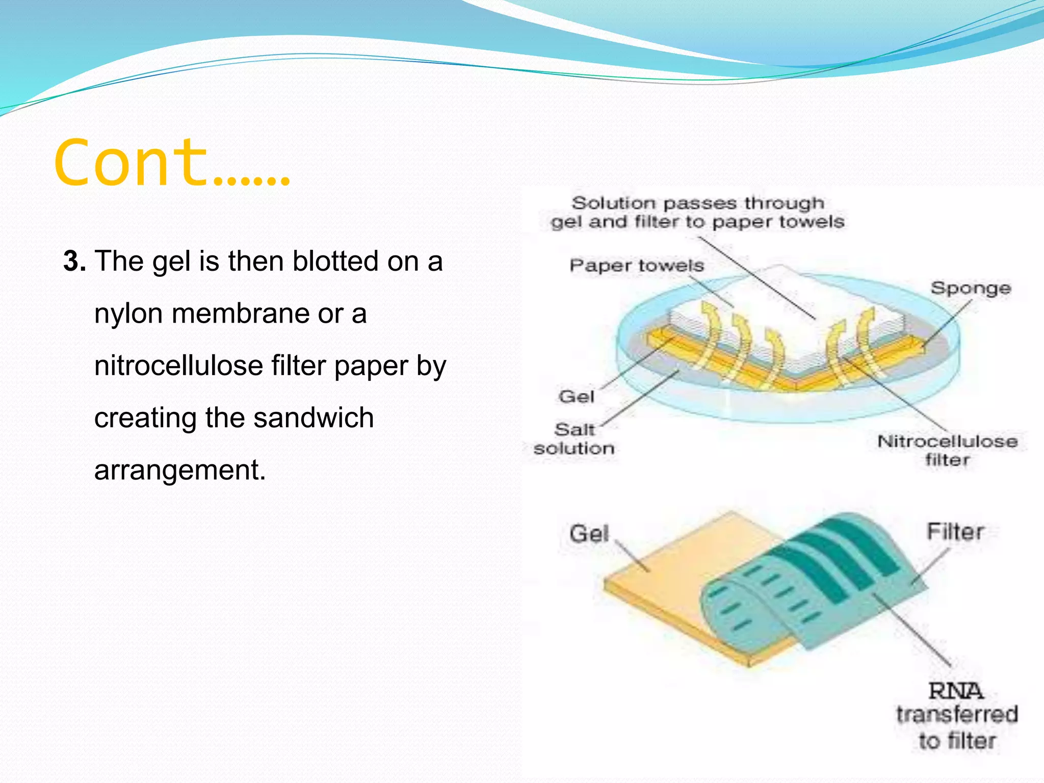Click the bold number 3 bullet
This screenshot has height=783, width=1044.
(x=74, y=262)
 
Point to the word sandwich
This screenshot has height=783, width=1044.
(x=313, y=417)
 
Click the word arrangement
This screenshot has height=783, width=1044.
(x=179, y=469)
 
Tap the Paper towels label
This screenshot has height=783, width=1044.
(x=636, y=266)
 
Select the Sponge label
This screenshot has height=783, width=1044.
(x=970, y=288)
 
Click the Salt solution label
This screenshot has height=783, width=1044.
(x=574, y=439)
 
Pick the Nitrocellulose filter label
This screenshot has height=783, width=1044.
(x=947, y=450)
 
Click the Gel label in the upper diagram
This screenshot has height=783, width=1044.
(x=576, y=396)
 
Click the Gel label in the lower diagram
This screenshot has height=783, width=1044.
(x=589, y=533)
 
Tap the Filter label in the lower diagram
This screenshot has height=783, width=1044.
(x=955, y=532)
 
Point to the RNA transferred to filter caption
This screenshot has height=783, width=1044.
(x=957, y=716)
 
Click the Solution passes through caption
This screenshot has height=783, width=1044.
(x=697, y=212)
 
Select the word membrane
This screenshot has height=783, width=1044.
(x=240, y=314)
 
